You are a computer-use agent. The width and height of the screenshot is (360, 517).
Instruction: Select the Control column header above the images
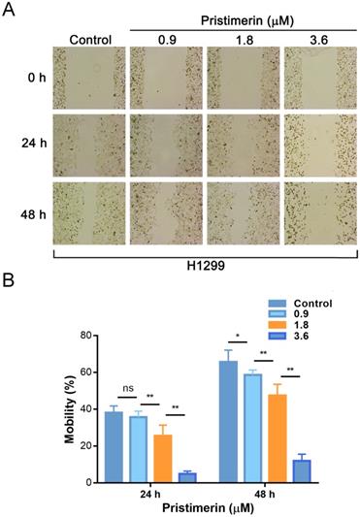pos(90,40)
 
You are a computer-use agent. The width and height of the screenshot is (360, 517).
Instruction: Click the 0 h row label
pos(37,79)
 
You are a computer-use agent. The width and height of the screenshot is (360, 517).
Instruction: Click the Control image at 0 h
pos(90,79)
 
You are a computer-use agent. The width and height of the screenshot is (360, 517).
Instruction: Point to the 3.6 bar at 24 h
pos(187,476)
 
